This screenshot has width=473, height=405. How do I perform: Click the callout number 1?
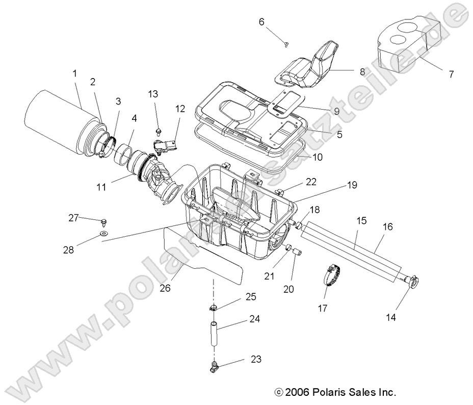75,73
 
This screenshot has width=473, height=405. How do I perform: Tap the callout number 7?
451,74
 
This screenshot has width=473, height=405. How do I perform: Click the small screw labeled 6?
287,44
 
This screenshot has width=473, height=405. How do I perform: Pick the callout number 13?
153,94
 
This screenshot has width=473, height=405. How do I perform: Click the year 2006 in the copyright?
298,392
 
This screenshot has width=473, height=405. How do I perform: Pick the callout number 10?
317,157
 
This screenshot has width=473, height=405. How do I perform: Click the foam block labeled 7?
408,46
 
